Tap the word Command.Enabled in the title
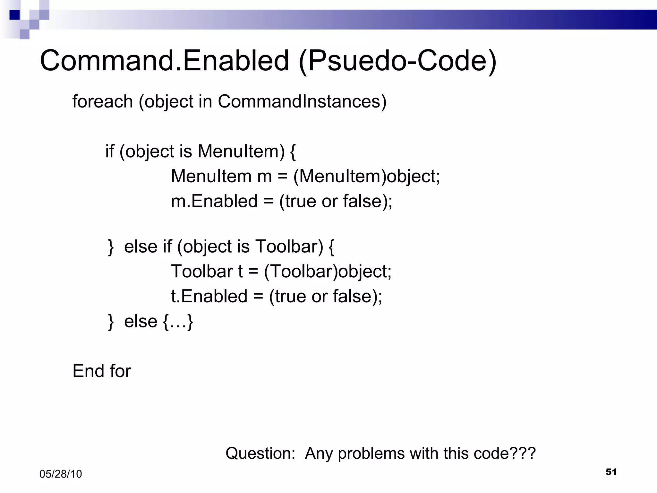click(x=164, y=61)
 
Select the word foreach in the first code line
click(x=102, y=102)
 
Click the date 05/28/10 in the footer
click(x=61, y=474)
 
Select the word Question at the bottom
click(x=260, y=454)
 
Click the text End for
click(x=102, y=371)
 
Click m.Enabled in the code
click(x=214, y=201)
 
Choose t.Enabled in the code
click(x=209, y=296)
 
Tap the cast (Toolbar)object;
click(x=328, y=272)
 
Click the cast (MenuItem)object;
click(x=366, y=177)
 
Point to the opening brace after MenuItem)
click(x=293, y=151)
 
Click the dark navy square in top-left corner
click(x=15, y=15)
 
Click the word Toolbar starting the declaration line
click(x=202, y=271)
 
